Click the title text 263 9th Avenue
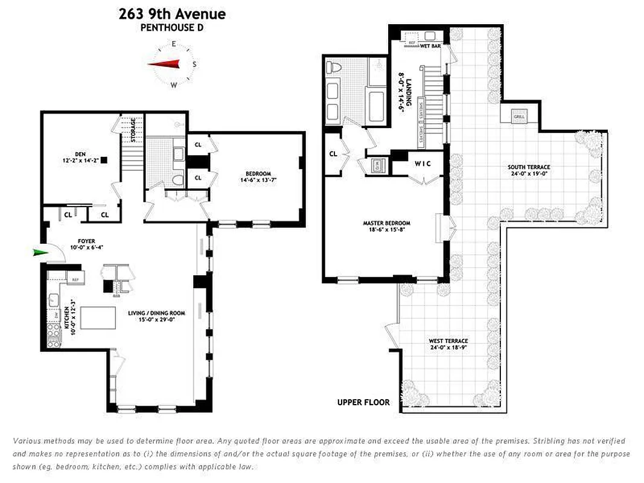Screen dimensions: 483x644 [x=173, y=13]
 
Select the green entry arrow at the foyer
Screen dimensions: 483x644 [x=40, y=252]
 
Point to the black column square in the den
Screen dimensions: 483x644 [x=104, y=160]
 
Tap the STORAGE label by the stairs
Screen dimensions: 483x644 [x=133, y=129]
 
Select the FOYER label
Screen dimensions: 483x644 [x=78, y=241]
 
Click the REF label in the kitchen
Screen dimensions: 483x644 [x=75, y=280]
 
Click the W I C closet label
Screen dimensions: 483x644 [x=423, y=163]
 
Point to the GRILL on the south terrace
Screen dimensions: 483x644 [x=519, y=115]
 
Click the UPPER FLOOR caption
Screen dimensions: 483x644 [x=363, y=402]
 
